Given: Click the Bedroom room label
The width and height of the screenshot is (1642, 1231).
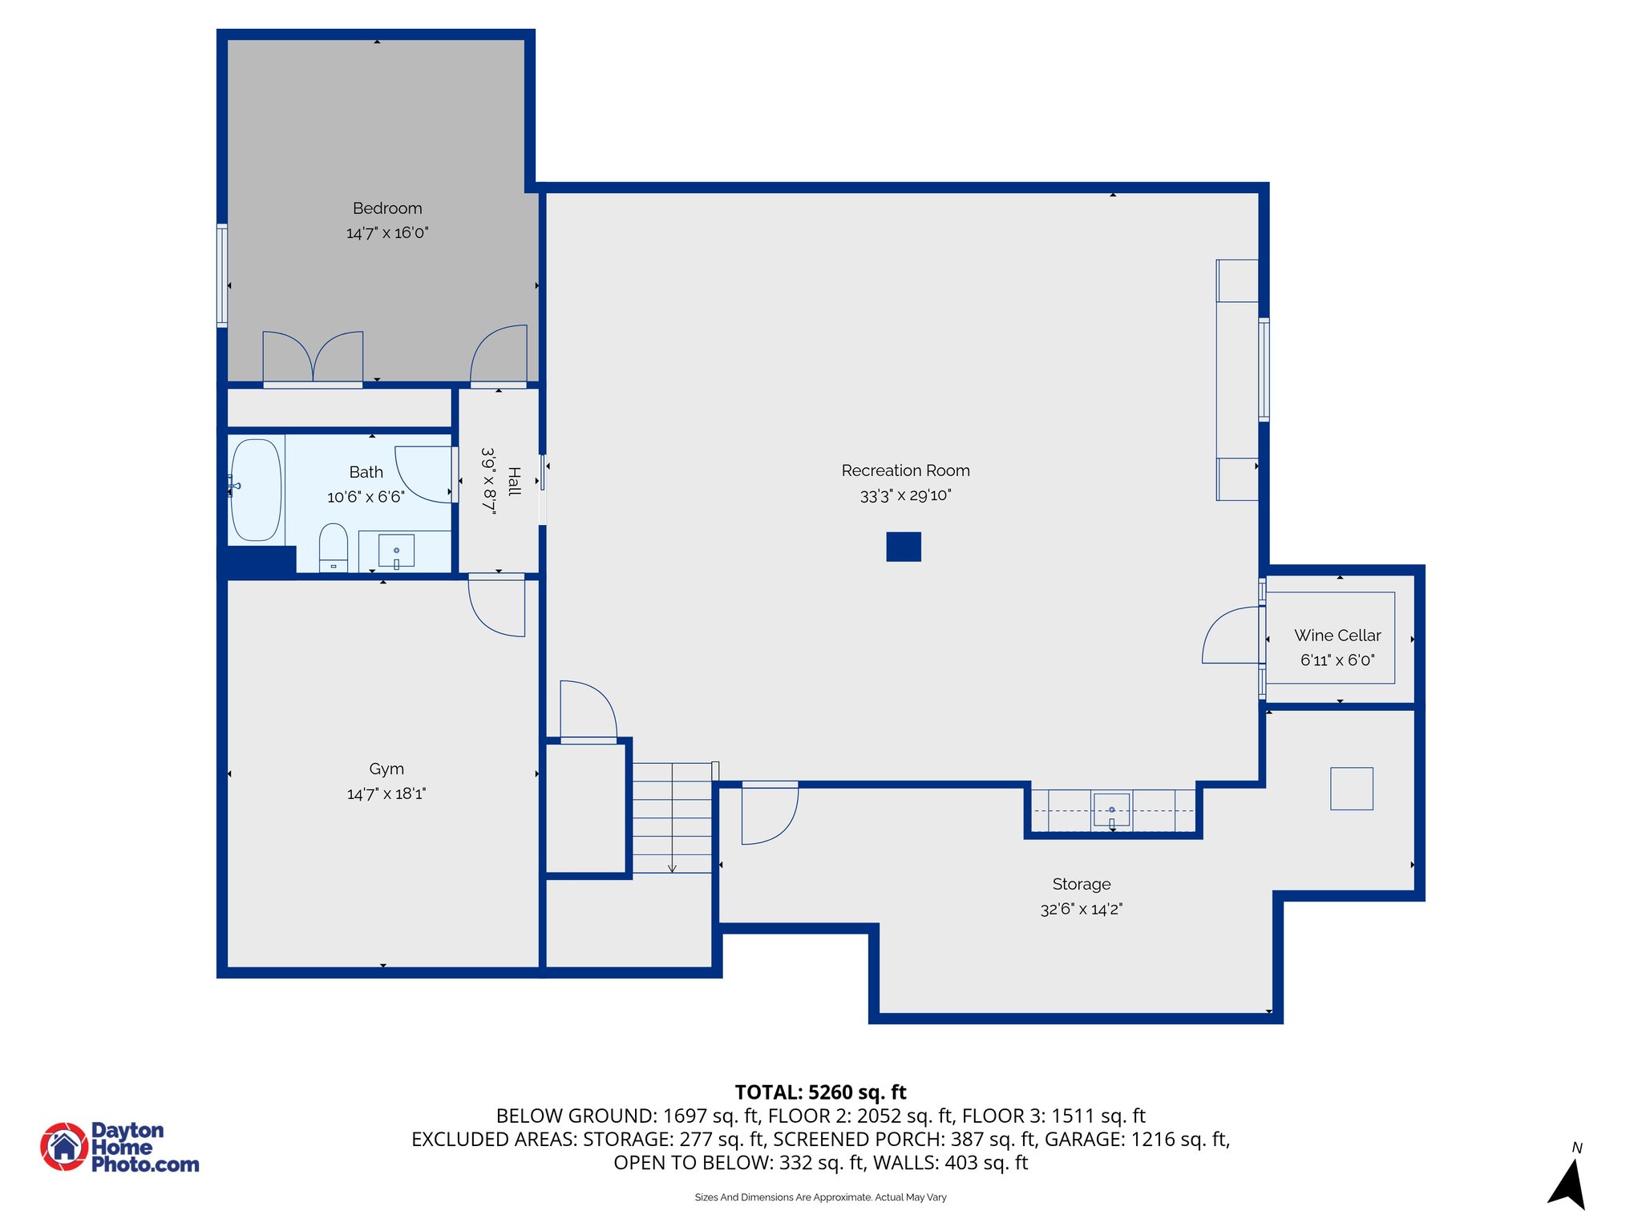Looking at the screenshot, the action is coord(387,208).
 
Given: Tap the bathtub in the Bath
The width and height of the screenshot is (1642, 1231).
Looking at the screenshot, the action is coord(257,490).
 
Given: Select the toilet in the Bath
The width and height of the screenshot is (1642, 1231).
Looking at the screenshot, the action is coord(334,547).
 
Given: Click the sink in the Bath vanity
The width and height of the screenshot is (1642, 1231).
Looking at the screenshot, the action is coord(396,551).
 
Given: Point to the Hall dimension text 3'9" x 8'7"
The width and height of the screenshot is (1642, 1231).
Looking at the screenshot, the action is coord(488,480).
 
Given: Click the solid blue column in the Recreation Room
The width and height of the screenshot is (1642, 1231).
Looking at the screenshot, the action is coord(904,547).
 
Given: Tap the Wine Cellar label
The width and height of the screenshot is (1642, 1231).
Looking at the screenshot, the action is coord(1337,636).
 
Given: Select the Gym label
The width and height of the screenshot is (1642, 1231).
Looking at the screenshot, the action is coord(386,769).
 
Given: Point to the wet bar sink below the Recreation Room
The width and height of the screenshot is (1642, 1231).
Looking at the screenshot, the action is coord(1111,809).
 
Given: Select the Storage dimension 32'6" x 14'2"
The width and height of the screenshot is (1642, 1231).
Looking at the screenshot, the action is coord(1082,909).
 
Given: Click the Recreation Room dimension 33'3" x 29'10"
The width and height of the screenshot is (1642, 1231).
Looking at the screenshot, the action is coord(905,495).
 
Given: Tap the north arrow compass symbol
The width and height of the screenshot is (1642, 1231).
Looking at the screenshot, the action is coord(1569,1184).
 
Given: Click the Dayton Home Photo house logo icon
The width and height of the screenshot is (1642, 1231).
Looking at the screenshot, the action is coord(64,1146).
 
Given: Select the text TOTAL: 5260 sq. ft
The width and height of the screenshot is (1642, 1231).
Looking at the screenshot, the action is coord(820,1092).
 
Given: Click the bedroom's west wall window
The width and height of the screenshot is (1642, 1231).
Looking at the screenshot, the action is coord(222,276).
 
